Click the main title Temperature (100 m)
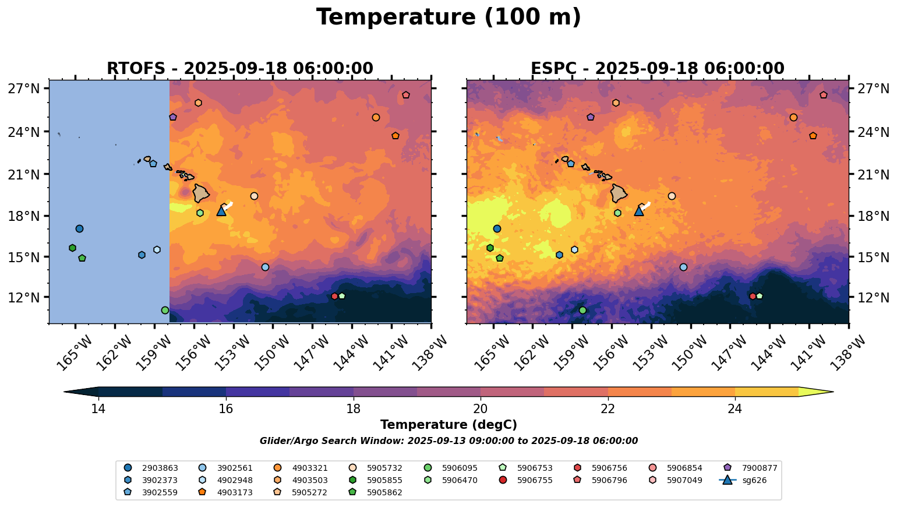[x=448, y=17]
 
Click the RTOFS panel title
[x=239, y=69]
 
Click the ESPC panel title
[x=657, y=69]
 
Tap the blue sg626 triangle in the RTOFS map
[x=221, y=211]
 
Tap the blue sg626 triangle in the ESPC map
[x=639, y=211]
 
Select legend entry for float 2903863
[x=151, y=468]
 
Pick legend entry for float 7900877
[x=752, y=468]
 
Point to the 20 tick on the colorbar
[x=481, y=408]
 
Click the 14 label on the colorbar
[x=98, y=408]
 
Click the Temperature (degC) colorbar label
[x=448, y=425]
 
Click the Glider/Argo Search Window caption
[x=448, y=441]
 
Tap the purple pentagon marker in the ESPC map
[x=591, y=117]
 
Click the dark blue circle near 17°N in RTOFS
[x=79, y=228]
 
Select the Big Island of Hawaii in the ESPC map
[x=619, y=193]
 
